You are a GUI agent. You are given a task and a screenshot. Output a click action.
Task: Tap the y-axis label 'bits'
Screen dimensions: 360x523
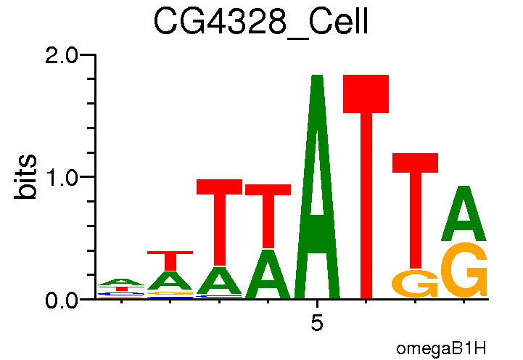pos(27,176)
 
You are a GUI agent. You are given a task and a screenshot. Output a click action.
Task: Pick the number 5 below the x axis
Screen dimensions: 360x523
pos(317,323)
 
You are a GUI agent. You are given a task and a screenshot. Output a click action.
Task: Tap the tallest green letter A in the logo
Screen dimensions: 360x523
pos(317,189)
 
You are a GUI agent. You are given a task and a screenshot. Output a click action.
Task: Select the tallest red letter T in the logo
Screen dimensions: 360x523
pos(366,189)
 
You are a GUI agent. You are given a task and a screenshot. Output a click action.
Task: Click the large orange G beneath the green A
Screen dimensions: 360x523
pos(465,270)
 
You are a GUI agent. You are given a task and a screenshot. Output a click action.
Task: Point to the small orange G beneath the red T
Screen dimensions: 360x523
pos(415,284)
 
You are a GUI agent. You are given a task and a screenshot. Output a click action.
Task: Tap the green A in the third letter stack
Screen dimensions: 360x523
pos(219,282)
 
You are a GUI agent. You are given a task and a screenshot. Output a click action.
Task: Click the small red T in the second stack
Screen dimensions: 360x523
pos(170,260)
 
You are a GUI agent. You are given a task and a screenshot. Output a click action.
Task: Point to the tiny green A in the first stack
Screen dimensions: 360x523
pos(122,282)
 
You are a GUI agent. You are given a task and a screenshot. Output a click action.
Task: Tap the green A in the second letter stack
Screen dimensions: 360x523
pos(170,281)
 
